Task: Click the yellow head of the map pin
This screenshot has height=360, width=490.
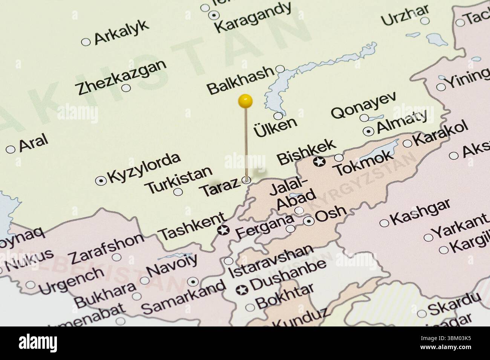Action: point(245,101)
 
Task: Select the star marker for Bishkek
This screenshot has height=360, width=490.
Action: point(320,162)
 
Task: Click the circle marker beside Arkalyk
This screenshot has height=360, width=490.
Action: point(86,42)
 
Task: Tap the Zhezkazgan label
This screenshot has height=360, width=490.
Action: point(121,77)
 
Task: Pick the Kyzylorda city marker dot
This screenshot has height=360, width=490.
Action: point(101,181)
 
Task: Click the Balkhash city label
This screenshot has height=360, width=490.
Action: point(240,80)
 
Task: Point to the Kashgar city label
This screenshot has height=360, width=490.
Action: point(420,212)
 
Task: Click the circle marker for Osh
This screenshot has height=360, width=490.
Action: point(309,221)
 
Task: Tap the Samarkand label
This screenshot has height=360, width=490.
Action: point(184,297)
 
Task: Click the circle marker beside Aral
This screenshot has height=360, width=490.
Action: point(11,149)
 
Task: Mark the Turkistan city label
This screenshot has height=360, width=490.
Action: point(179,180)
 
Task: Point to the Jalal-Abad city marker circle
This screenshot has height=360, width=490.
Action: point(299,210)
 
